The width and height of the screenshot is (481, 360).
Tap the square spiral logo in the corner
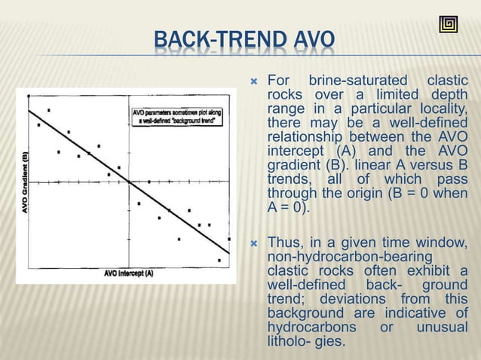point(448,24)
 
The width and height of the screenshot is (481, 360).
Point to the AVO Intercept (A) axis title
point(129,273)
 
